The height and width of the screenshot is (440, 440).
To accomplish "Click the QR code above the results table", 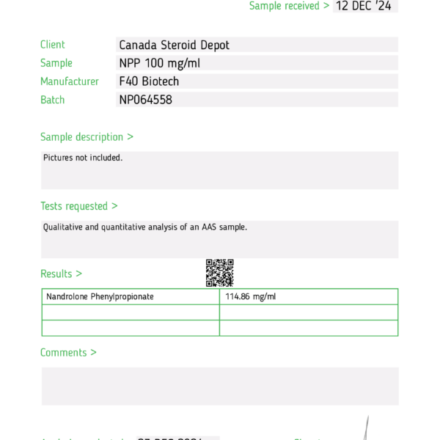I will tap(219, 273).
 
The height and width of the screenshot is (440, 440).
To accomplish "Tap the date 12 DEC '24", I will tap(363, 6).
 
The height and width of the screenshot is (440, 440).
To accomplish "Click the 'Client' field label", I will tap(53, 45).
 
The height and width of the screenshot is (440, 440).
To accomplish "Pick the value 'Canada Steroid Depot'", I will tap(174, 45).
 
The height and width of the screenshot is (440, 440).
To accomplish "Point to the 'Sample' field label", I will tap(56, 63).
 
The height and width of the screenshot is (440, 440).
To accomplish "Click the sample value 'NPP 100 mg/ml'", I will tap(159, 63).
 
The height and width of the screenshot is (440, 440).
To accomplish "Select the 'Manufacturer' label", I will tap(70, 81).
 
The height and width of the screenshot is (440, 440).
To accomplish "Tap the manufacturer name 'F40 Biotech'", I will tap(149, 81).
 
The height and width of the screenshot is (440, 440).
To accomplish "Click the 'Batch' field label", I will tap(53, 100).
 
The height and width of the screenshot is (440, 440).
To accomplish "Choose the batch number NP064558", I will tap(145, 100).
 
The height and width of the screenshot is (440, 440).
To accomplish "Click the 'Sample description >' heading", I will tap(87, 136).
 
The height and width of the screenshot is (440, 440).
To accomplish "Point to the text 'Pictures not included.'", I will tap(83, 158).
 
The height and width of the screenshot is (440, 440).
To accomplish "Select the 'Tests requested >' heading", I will tap(79, 206).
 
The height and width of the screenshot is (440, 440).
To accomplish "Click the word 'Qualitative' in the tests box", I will tap(62, 227).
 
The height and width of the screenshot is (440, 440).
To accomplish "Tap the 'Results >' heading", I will tap(61, 274).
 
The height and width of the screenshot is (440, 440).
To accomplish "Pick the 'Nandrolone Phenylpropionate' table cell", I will tap(100, 297).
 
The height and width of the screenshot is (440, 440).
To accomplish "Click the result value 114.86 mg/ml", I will tap(251, 297).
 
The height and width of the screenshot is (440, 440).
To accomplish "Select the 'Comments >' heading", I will tap(68, 353).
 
